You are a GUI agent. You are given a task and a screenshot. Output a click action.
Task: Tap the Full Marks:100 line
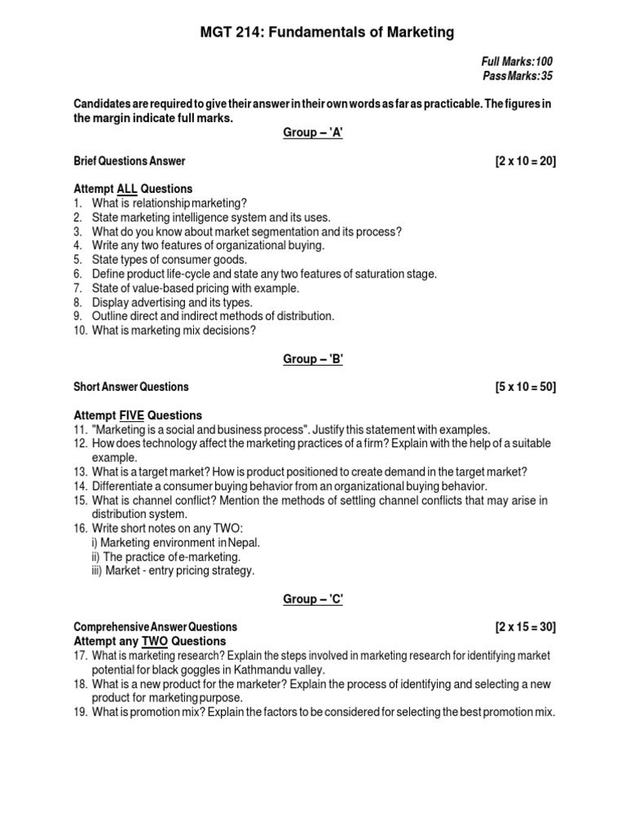pos(522,62)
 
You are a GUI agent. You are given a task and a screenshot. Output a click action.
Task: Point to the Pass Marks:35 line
pos(522,76)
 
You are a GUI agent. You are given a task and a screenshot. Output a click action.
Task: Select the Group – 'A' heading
pos(313,134)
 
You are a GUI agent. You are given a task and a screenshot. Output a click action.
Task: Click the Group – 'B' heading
pos(313,359)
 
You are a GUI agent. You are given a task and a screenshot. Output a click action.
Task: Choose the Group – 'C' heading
pos(313,599)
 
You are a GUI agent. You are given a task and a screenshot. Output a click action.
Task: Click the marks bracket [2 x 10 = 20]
pos(525,161)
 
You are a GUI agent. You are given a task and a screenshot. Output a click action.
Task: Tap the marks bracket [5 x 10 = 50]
pos(525,387)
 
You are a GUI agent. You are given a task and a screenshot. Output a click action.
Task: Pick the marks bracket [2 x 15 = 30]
pos(525,627)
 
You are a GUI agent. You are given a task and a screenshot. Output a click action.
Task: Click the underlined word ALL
pos(127,189)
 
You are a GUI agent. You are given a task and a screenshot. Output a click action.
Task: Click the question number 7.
pos(77,288)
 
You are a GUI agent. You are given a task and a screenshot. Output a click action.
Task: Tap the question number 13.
pos(80,472)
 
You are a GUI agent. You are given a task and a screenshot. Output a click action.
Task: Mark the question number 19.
pos(80,712)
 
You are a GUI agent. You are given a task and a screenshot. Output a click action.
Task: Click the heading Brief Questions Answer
pos(130,161)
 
